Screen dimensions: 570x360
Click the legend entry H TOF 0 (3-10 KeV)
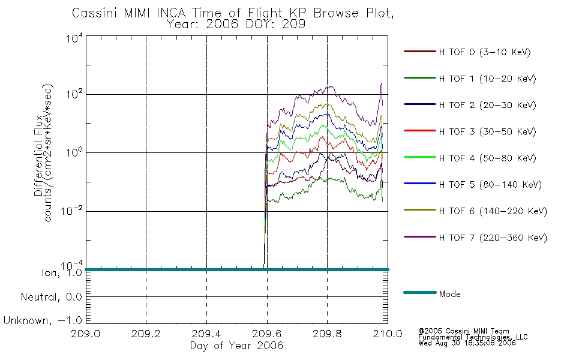[x=485, y=52]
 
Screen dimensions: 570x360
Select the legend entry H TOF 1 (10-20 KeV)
[x=487, y=79]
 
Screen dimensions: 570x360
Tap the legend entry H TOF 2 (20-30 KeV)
[x=487, y=105]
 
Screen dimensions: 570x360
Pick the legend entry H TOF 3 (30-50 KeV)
[x=487, y=131]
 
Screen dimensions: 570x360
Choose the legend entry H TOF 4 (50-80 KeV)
[x=487, y=158]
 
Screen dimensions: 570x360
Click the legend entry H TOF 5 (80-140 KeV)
[x=490, y=185]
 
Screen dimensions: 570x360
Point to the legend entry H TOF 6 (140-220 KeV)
[x=493, y=211]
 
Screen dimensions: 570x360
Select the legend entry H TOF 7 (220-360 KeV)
[x=493, y=238]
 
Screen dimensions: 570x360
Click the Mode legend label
[x=449, y=294]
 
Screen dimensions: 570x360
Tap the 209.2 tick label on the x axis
[x=146, y=334]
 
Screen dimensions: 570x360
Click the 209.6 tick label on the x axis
[x=267, y=334]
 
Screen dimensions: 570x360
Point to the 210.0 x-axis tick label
[x=388, y=334]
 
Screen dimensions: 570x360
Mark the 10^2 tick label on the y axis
[x=74, y=94]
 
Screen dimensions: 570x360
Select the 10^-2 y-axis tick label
[x=71, y=211]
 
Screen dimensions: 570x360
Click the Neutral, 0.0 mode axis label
[x=51, y=297]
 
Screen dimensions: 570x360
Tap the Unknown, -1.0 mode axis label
[x=43, y=320]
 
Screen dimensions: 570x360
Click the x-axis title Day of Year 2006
[x=236, y=346]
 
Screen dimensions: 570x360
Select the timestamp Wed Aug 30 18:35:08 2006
[x=467, y=343]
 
